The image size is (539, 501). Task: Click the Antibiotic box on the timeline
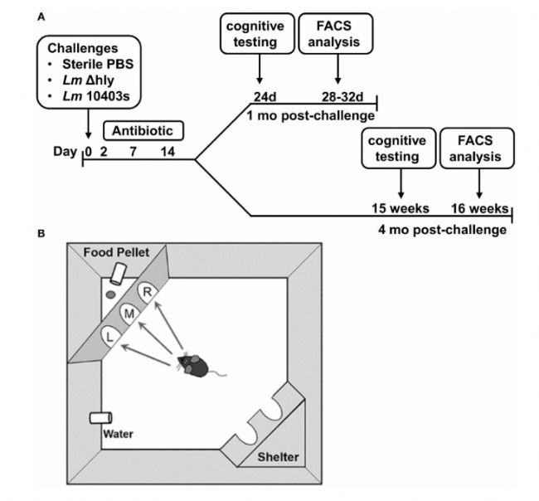pos(143,131)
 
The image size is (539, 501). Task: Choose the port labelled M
pos(128,313)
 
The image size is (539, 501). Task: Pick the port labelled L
pos(108,334)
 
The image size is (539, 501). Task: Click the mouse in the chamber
pos(195,364)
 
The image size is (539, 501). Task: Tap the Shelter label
pos(275,456)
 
